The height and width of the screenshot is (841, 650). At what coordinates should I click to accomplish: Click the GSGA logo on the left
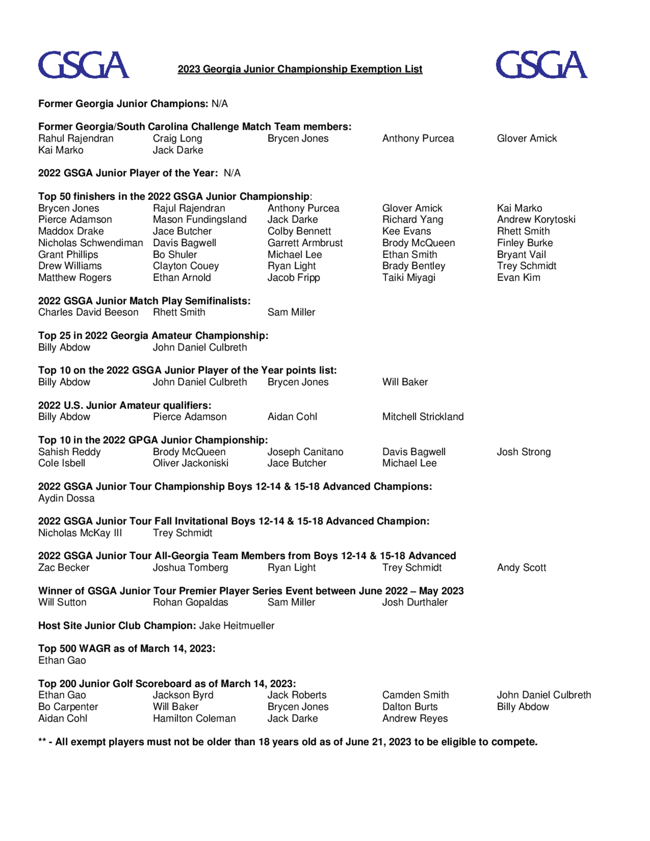[x=84, y=65]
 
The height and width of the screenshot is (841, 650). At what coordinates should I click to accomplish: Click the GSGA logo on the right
[x=541, y=65]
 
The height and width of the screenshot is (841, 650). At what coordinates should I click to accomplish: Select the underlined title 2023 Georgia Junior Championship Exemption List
[x=300, y=69]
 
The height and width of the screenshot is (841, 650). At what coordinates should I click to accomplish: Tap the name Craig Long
[x=177, y=139]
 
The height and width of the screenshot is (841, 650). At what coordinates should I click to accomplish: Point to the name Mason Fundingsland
[x=200, y=219]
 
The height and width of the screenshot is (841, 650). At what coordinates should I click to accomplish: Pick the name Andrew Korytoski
[x=536, y=219]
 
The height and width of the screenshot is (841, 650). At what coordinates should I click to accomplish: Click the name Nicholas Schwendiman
[x=90, y=243]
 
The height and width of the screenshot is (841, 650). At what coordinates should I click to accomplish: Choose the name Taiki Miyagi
[x=409, y=278]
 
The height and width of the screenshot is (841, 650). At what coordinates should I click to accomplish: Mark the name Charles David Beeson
[x=88, y=312]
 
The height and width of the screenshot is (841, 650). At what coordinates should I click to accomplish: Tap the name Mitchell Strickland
[x=423, y=417]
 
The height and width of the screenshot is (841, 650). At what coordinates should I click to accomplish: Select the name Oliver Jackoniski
[x=190, y=463]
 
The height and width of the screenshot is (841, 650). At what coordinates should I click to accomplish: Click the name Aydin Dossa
[x=66, y=498]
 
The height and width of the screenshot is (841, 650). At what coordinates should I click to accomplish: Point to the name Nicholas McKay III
[x=80, y=533]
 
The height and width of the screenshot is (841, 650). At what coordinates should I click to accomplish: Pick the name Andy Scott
[x=521, y=568]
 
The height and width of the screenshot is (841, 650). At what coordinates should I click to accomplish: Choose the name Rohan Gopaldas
[x=190, y=602]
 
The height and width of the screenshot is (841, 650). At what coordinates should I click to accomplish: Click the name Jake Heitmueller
[x=236, y=626]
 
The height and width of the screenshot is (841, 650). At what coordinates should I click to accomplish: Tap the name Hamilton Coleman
[x=194, y=718]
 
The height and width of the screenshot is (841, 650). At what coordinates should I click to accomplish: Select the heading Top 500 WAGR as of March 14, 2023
[x=127, y=649]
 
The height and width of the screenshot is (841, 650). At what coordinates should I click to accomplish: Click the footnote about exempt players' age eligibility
[x=288, y=742]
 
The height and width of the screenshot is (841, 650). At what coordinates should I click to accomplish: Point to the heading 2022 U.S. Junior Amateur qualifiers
[x=125, y=406]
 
